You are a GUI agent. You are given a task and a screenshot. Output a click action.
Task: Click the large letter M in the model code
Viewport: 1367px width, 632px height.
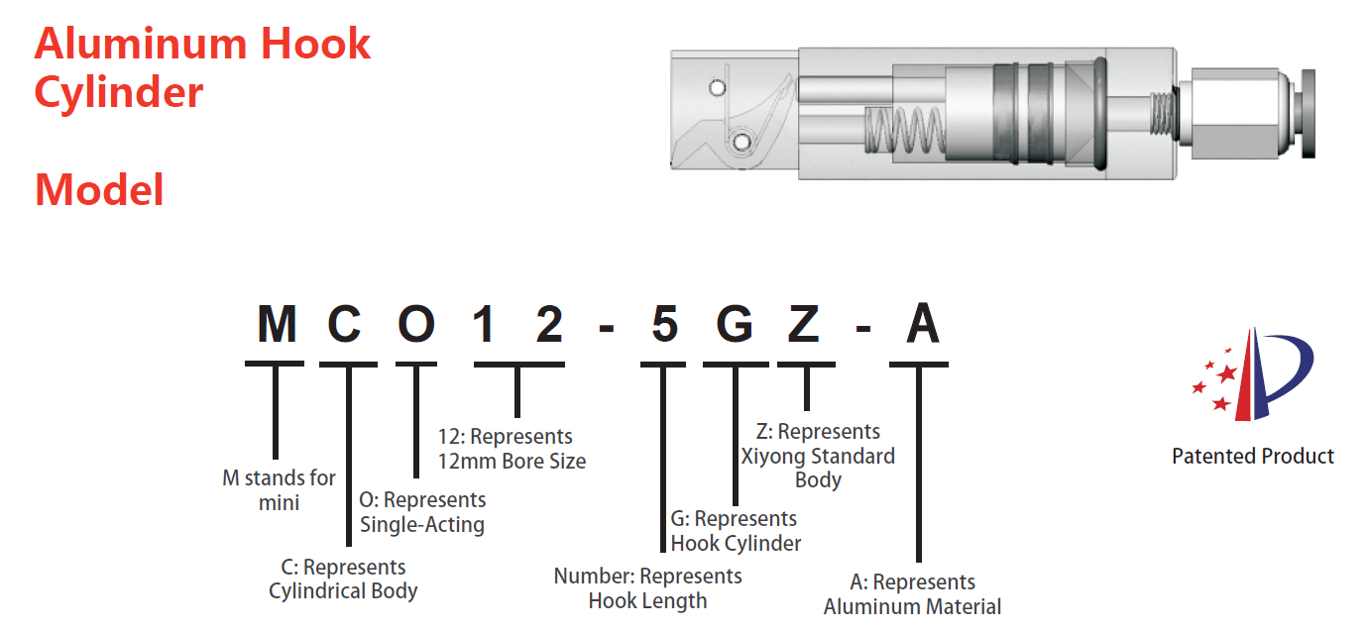276,326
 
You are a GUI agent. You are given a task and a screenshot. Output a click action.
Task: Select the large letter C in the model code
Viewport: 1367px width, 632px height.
347,326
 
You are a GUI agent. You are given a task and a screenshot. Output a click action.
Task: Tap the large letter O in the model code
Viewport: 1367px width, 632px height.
416,326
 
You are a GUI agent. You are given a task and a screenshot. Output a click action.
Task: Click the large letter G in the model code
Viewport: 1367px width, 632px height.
735,326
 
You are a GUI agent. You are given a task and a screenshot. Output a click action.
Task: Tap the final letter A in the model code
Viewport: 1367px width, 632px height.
921,326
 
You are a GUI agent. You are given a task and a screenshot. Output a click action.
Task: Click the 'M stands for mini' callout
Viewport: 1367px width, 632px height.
279,490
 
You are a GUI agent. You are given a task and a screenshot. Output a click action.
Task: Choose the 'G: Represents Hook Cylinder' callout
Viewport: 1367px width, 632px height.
736,531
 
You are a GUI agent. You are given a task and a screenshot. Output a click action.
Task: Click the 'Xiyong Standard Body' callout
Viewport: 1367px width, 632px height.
818,456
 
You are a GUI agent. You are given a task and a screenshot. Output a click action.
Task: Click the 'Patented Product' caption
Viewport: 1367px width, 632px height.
1253,457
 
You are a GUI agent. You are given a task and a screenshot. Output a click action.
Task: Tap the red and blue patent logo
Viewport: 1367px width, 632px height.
1253,373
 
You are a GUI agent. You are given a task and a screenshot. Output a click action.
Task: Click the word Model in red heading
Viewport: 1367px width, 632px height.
99,189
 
